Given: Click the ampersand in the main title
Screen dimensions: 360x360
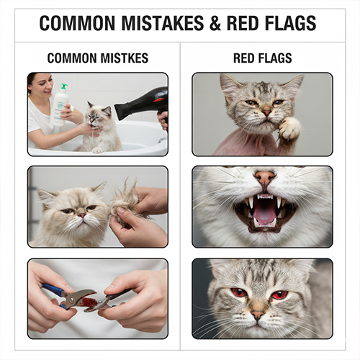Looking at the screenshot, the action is (x=215, y=23).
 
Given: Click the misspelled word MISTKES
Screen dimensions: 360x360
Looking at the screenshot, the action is (x=125, y=58).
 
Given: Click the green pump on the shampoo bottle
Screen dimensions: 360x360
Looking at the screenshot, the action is (x=64, y=86).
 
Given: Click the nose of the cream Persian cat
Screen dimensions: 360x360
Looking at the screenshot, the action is (x=82, y=215).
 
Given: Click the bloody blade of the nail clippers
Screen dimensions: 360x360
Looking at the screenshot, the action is (x=87, y=300).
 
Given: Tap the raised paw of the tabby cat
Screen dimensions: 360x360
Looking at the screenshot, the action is (x=289, y=129).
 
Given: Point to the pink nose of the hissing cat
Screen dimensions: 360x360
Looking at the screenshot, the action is (x=265, y=177).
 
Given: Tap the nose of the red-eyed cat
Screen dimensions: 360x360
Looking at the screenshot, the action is (x=258, y=315).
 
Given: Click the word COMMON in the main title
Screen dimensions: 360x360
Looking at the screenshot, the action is (x=77, y=23).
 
